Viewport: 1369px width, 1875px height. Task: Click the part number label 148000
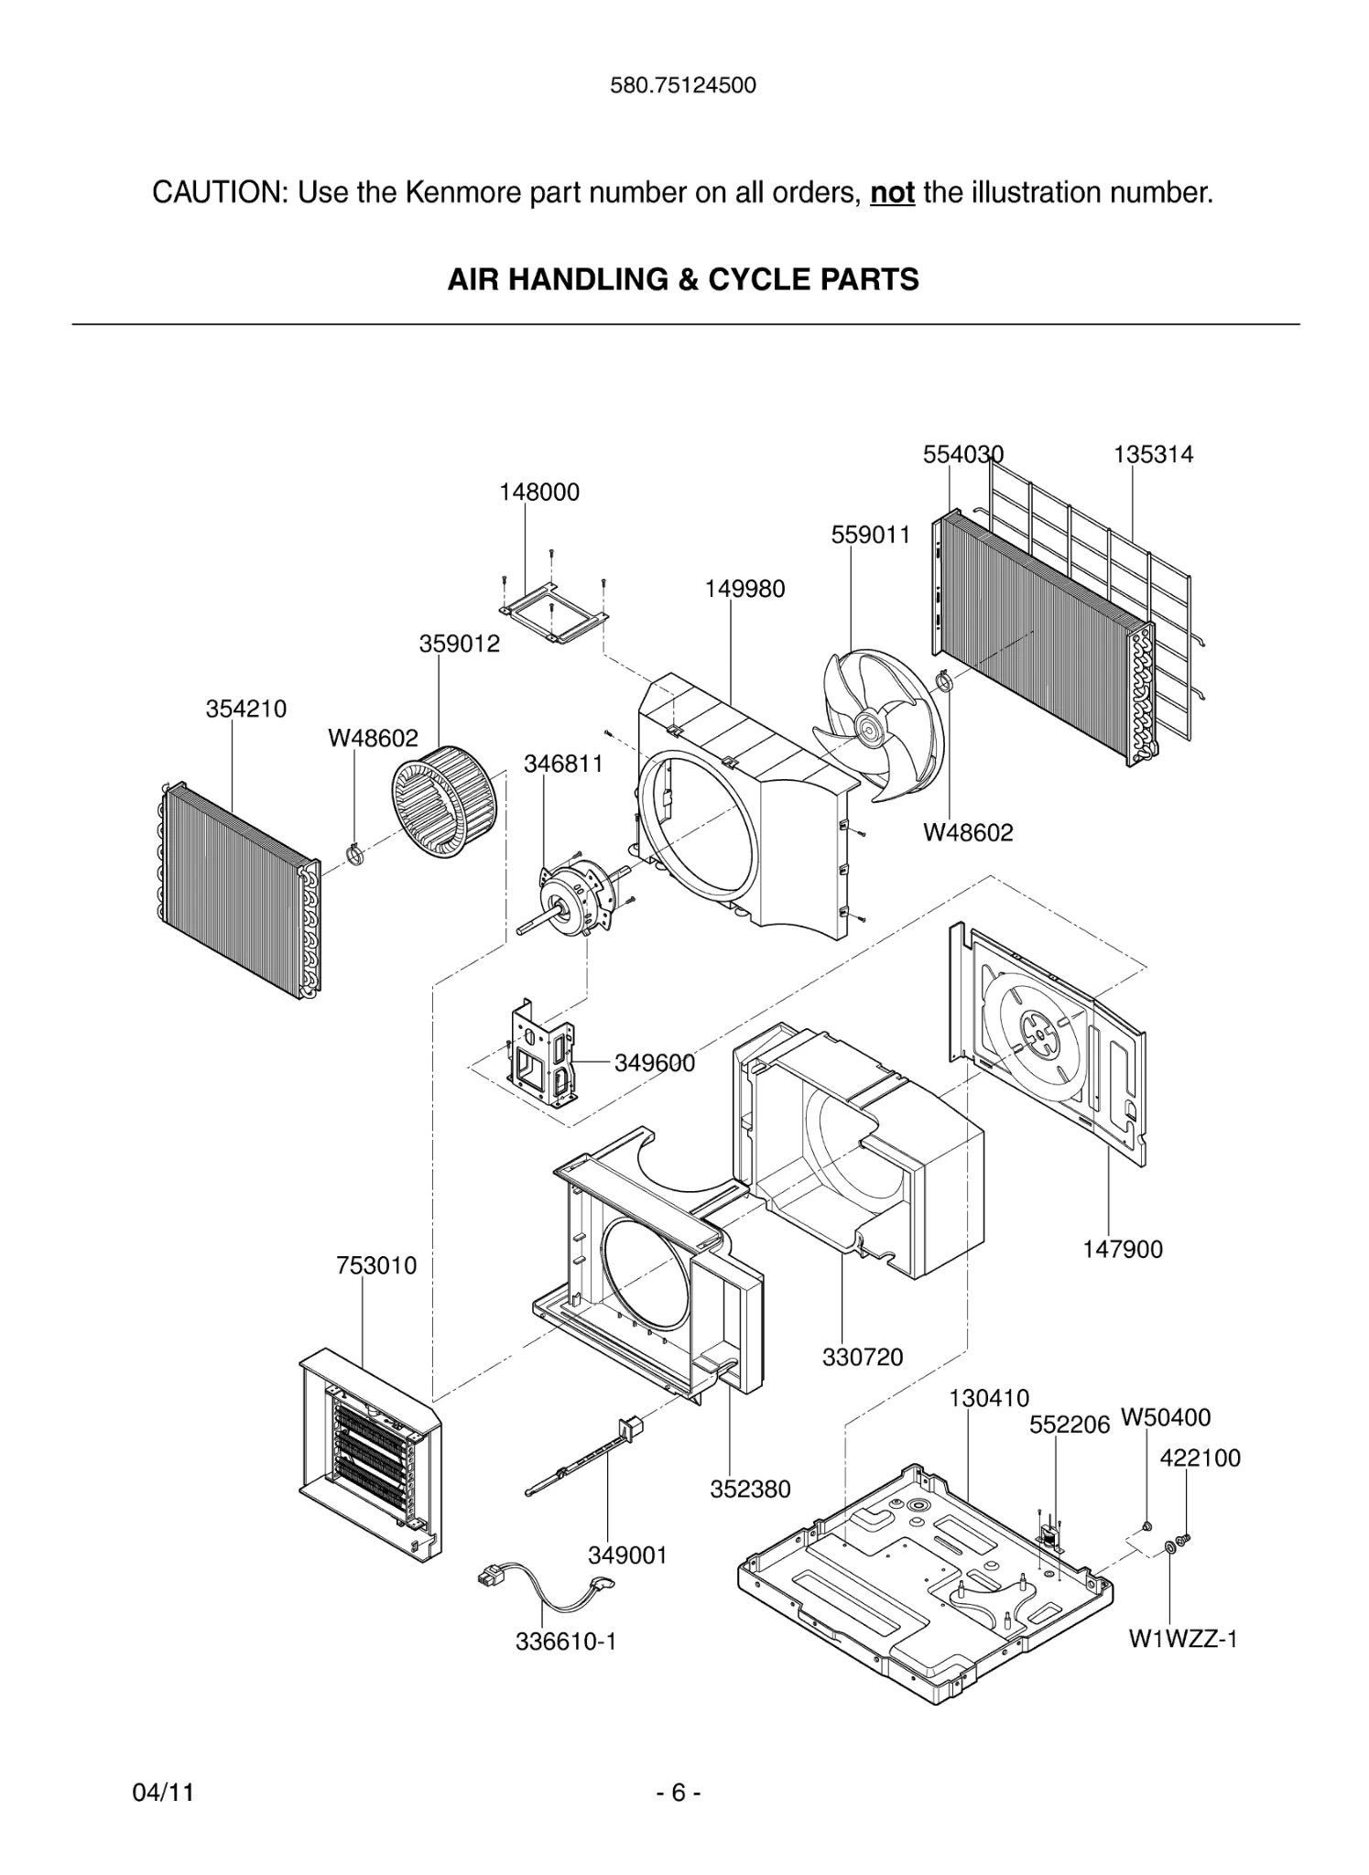pyautogui.click(x=538, y=493)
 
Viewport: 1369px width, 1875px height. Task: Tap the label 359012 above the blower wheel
pyautogui.click(x=460, y=644)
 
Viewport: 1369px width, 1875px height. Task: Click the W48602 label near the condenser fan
pyautogui.click(x=968, y=832)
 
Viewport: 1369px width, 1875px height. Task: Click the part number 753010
pyautogui.click(x=376, y=1266)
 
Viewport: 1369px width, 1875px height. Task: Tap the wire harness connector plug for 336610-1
pyautogui.click(x=493, y=1577)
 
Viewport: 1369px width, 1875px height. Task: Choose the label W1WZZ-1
pyautogui.click(x=1182, y=1638)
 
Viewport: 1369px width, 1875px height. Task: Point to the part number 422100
pyautogui.click(x=1200, y=1458)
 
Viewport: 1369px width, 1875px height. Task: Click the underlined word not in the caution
pyautogui.click(x=892, y=193)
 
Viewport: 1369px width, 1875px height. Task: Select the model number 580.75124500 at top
pyautogui.click(x=683, y=86)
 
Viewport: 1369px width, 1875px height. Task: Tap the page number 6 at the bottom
pyautogui.click(x=679, y=1792)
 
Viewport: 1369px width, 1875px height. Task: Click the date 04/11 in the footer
pyautogui.click(x=163, y=1792)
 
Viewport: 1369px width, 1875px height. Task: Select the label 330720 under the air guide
pyautogui.click(x=862, y=1357)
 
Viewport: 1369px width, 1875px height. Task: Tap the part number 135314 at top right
pyautogui.click(x=1153, y=455)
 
